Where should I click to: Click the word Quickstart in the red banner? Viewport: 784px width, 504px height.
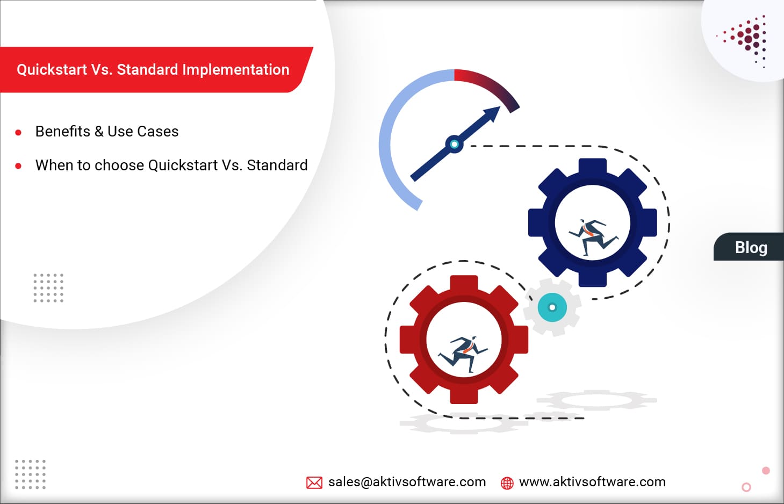(x=52, y=70)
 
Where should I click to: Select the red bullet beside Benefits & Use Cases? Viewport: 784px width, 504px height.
(x=18, y=132)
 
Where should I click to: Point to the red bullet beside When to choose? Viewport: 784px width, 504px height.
(x=18, y=166)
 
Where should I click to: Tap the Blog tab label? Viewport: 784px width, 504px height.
(x=751, y=248)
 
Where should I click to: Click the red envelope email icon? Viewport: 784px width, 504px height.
(x=314, y=483)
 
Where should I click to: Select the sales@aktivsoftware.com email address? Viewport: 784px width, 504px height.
(x=407, y=482)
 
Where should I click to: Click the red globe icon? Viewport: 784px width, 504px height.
(x=507, y=483)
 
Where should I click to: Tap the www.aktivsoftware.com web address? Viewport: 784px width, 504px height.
(x=592, y=482)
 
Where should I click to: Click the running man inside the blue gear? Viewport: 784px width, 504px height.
(x=593, y=235)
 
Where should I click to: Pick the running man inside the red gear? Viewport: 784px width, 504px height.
(x=463, y=353)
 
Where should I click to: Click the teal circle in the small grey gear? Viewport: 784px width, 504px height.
(x=552, y=307)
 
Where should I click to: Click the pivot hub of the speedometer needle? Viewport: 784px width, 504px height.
(x=455, y=144)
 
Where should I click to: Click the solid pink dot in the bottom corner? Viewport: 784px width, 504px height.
(x=766, y=471)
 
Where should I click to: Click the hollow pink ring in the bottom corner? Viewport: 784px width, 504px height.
(x=746, y=487)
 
